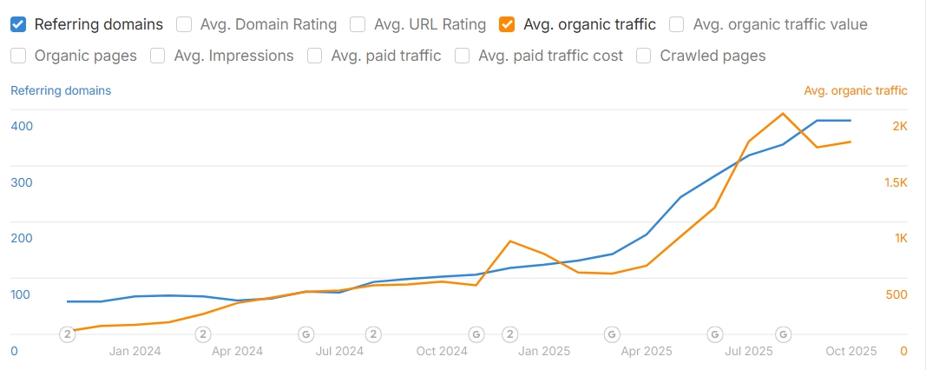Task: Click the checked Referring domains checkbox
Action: pos(18,24)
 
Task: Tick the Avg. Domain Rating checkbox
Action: pos(184,24)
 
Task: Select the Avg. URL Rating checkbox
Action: pos(358,24)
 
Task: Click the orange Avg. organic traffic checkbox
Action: pos(506,24)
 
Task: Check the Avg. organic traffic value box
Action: pos(677,24)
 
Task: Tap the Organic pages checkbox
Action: pos(18,56)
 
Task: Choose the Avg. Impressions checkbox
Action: pos(158,56)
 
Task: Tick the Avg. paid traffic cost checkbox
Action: pos(462,56)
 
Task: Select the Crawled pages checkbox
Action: pos(644,56)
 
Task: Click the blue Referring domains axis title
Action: pos(61,90)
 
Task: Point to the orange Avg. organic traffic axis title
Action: pos(856,90)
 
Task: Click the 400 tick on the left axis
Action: pos(22,126)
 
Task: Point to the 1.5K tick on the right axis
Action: pos(896,182)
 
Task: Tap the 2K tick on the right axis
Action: pos(900,126)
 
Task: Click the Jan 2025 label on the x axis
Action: pos(544,351)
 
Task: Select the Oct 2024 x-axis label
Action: pos(442,351)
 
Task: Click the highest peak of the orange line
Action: pos(783,114)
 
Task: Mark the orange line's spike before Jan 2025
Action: pos(509,241)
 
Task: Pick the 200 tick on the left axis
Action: pos(22,238)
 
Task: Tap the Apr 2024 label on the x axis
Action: pos(238,351)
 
